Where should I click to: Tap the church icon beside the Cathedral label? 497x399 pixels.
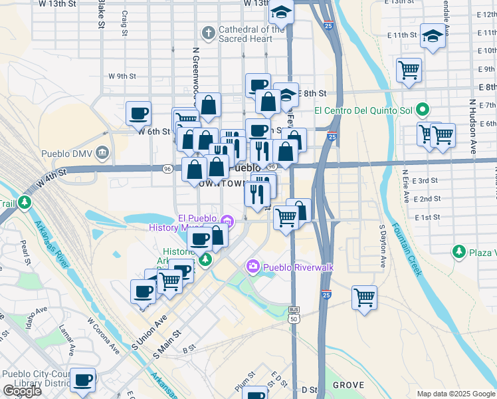(208, 31)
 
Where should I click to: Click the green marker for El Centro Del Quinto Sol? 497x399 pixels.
(421, 110)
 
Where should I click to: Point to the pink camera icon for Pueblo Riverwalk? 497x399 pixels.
(252, 267)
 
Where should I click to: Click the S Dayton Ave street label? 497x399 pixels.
(383, 246)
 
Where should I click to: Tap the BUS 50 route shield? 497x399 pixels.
(294, 315)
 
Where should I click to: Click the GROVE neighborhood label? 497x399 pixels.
(348, 385)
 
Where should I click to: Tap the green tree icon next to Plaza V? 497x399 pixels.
(458, 252)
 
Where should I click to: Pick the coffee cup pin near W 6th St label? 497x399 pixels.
(138, 114)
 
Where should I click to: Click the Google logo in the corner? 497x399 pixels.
(22, 391)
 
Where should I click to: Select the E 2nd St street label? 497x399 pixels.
(427, 199)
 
